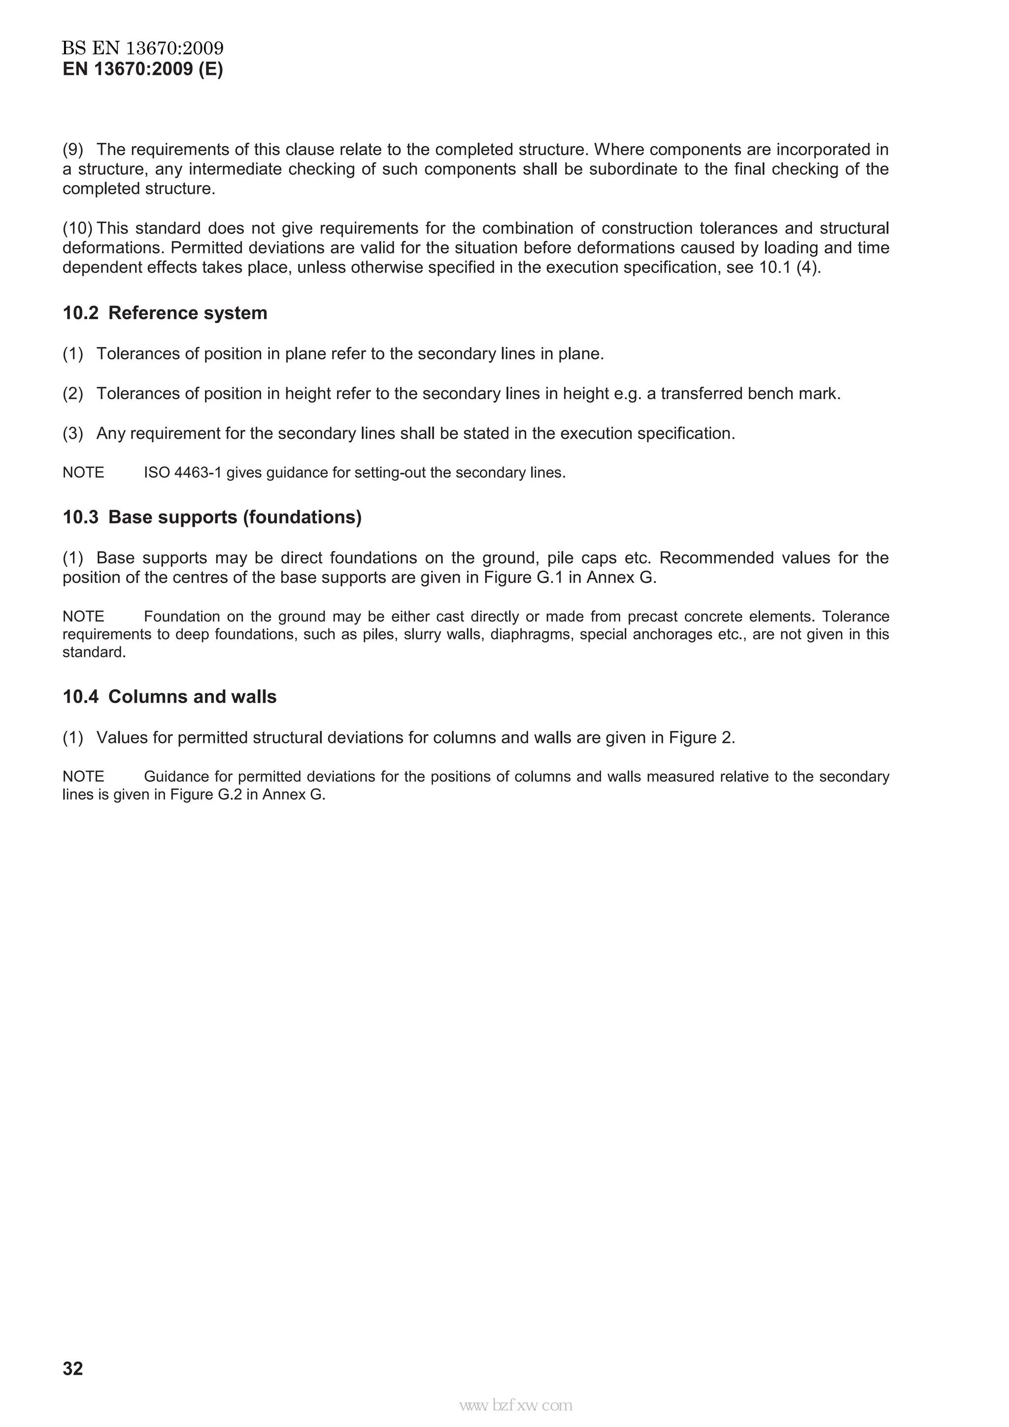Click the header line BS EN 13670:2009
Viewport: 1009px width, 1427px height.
[x=142, y=48]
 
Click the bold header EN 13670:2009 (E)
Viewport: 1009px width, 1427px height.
[x=142, y=69]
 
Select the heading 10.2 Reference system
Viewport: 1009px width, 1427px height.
[x=165, y=313]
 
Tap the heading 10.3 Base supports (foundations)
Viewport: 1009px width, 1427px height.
[x=211, y=517]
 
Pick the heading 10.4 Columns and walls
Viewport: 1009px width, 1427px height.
[x=169, y=697]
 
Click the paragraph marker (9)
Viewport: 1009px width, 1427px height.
[x=73, y=150]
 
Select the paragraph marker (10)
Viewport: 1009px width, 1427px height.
[x=77, y=228]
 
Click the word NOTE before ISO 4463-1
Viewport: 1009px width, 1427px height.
[x=83, y=473]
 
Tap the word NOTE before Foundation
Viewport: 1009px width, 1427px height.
[x=83, y=616]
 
